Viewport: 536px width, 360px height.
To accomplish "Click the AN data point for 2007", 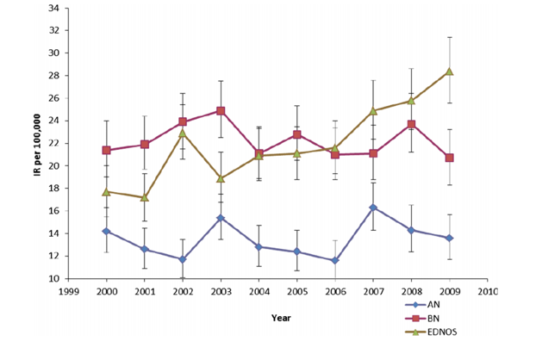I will point(373,208).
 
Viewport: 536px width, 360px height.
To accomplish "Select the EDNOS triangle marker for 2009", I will point(449,71).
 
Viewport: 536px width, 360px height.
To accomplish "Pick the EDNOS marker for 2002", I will point(183,133).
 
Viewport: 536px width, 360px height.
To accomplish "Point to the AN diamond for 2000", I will point(106,231).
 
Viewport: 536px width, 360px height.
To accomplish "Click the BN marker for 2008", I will point(411,124).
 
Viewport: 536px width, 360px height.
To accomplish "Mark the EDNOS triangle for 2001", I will point(145,197).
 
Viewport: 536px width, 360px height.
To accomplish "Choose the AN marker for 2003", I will point(221,218).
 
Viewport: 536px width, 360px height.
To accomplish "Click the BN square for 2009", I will point(449,158).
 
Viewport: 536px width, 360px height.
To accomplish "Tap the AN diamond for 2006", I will point(335,260).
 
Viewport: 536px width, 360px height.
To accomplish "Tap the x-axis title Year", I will point(280,317).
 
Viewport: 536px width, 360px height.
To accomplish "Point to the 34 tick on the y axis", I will point(54,8).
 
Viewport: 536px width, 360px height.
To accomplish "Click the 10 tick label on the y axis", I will point(54,279).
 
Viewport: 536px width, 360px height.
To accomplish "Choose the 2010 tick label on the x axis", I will point(488,291).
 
